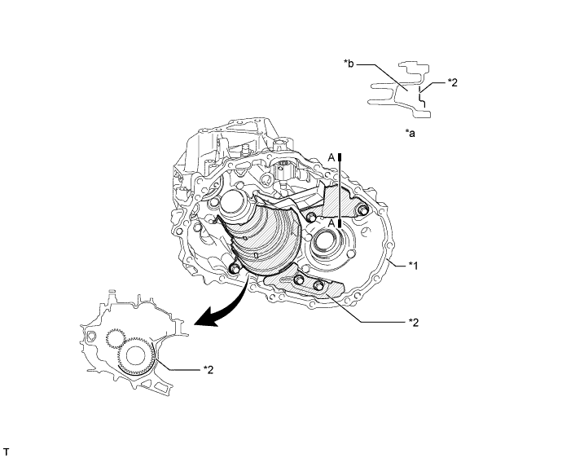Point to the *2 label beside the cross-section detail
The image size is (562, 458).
click(x=454, y=82)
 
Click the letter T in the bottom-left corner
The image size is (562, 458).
click(x=7, y=450)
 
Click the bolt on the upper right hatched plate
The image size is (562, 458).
click(x=362, y=214)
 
